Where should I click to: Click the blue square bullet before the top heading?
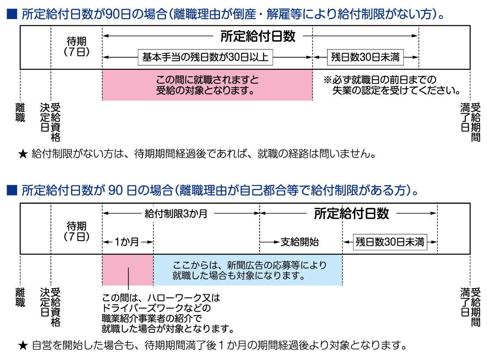12,14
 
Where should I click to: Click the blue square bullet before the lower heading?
12,190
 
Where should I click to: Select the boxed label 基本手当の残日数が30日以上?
205,57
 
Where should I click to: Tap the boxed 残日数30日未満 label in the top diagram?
365,57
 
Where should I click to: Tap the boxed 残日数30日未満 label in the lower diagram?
390,242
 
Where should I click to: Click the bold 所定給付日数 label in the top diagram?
258,36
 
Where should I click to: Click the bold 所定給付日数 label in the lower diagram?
351,213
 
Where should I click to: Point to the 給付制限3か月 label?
176,213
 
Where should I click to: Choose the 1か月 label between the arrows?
127,242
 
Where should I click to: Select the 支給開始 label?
300,242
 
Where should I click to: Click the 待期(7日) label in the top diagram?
77,46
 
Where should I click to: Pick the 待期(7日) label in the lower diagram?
77,231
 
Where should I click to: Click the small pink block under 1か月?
128,270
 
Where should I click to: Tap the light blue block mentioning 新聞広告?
248,270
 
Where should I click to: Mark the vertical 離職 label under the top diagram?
20,112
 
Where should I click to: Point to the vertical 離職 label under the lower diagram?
20,297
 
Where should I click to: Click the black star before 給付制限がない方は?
23,154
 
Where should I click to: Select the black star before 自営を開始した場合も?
23,345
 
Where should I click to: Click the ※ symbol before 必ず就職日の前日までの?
328,80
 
